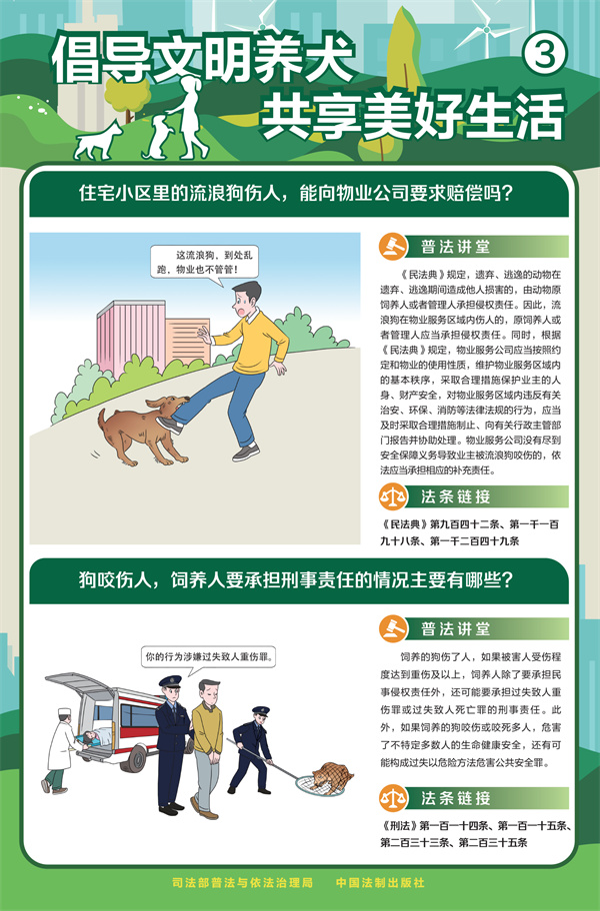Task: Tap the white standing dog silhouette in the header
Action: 98,141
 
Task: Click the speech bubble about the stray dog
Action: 205,265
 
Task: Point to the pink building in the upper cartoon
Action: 131,337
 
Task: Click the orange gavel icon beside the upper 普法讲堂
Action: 392,247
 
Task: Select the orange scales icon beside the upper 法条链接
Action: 392,496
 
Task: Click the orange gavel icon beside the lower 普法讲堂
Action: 392,628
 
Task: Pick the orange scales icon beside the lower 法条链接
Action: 392,798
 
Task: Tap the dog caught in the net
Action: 332,778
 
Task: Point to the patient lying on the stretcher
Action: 97,737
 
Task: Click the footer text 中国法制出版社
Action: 380,882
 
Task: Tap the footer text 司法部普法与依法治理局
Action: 242,882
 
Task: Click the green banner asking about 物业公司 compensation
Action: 299,194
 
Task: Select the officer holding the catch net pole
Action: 251,749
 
